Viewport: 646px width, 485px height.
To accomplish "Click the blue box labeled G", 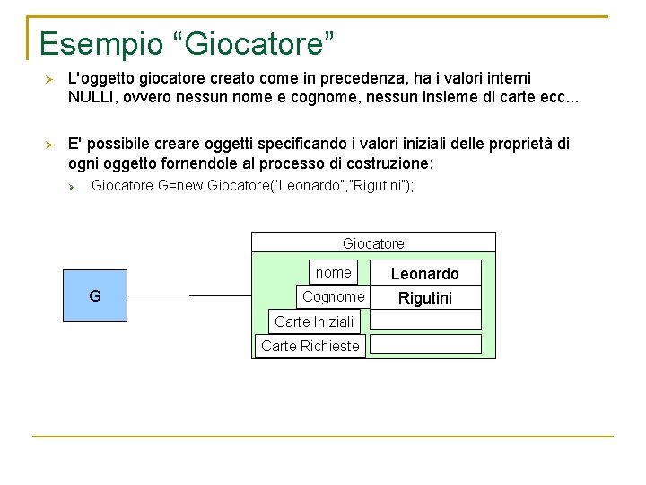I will (94, 295).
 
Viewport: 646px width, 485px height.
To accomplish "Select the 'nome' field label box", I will (334, 272).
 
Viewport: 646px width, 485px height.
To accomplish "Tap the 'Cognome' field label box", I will (334, 296).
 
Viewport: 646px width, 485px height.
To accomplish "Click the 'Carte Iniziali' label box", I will (314, 321).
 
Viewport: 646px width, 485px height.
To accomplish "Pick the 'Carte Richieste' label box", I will (310, 346).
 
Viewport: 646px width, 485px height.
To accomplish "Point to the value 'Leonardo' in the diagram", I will (424, 274).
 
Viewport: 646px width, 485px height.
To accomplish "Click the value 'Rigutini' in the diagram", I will (424, 298).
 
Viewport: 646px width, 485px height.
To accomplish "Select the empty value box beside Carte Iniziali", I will (425, 319).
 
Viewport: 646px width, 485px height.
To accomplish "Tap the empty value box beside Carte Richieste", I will (425, 343).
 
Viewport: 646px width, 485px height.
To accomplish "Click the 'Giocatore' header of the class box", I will (373, 243).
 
